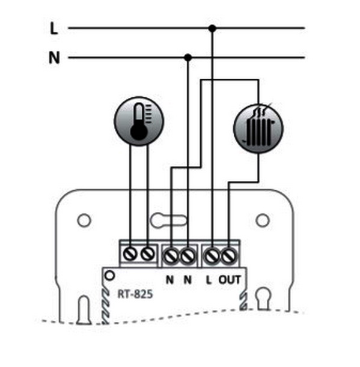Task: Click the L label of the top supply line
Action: point(54,29)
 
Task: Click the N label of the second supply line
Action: point(54,58)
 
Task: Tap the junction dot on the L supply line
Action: point(212,28)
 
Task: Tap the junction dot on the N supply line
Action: point(188,57)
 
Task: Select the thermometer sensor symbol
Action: point(139,121)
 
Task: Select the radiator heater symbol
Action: point(258,129)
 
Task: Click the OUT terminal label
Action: point(230,280)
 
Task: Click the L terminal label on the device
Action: point(209,280)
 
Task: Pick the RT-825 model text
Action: point(135,294)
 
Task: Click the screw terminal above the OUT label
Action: point(228,256)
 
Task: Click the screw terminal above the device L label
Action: point(212,256)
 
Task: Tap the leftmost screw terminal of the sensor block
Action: point(130,254)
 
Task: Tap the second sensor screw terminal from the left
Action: point(148,254)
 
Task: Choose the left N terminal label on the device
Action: point(169,280)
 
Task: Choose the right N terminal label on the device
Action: point(188,280)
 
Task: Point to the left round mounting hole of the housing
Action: point(84,220)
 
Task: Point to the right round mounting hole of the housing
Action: point(263,220)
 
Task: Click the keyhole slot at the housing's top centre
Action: point(169,220)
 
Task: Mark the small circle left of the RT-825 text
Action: point(109,276)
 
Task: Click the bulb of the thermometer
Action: point(139,133)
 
